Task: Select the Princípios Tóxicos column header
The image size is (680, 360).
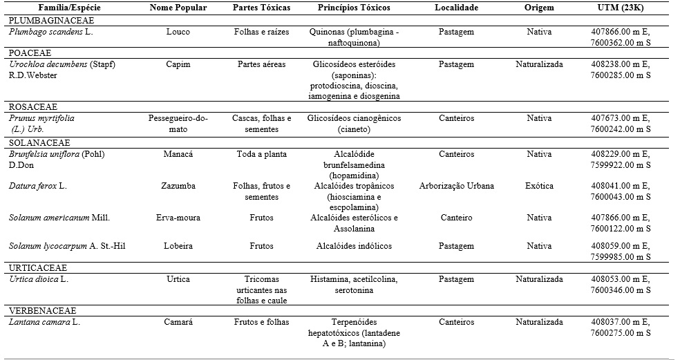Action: pyautogui.click(x=354, y=8)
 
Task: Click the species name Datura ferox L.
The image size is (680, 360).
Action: pyautogui.click(x=38, y=186)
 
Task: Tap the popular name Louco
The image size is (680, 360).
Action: pyautogui.click(x=178, y=32)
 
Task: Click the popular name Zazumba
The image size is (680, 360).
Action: pyautogui.click(x=178, y=186)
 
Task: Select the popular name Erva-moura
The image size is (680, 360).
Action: pyautogui.click(x=178, y=218)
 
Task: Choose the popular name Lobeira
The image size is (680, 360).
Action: pyautogui.click(x=178, y=245)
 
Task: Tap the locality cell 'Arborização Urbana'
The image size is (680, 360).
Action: pyautogui.click(x=456, y=186)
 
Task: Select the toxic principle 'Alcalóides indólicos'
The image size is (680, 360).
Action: pyautogui.click(x=354, y=245)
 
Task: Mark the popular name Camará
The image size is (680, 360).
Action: pyautogui.click(x=178, y=322)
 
